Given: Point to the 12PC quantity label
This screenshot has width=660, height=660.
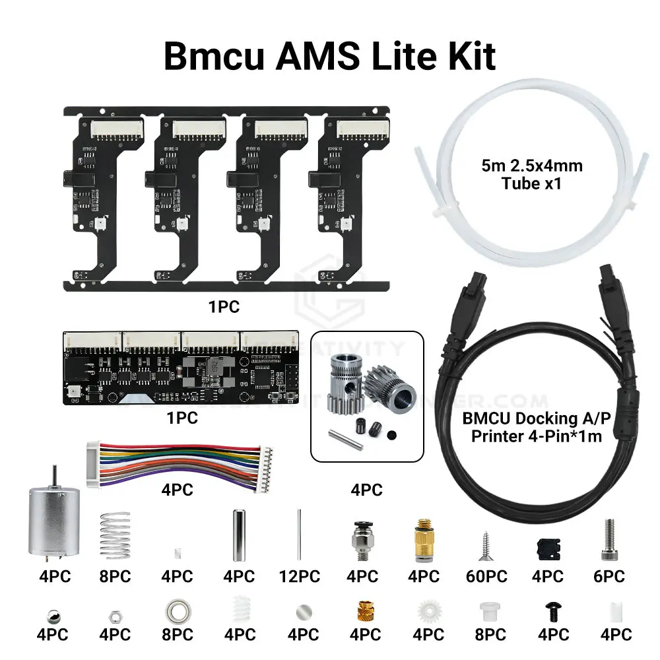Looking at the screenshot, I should pos(300,576).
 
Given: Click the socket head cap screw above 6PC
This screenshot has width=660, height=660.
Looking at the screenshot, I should pos(609,536).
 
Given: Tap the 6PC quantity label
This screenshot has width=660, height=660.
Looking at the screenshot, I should pos(609,576).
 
